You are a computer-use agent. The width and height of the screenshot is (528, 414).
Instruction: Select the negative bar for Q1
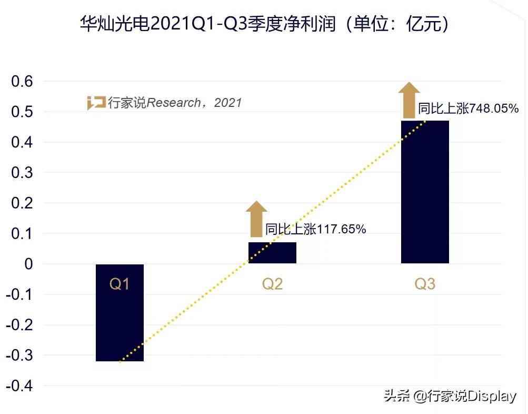(119, 327)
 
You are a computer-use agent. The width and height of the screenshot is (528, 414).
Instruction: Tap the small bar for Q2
(272, 253)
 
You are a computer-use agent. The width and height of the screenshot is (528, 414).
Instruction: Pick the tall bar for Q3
(425, 192)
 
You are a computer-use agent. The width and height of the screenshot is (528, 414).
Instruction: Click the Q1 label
(119, 284)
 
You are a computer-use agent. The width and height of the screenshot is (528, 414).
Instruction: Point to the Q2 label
(272, 284)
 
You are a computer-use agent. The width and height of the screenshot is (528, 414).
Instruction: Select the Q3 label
(425, 284)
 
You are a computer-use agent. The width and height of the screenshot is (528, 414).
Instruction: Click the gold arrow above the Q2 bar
(256, 219)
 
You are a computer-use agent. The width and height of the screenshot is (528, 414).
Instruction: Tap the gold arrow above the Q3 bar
(409, 100)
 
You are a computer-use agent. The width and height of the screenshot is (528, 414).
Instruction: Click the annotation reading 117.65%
(315, 229)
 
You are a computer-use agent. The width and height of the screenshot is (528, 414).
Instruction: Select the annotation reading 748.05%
(468, 109)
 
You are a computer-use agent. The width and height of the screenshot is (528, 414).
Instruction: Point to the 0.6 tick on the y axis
(23, 82)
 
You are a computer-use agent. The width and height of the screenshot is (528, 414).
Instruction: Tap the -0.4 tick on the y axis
(20, 386)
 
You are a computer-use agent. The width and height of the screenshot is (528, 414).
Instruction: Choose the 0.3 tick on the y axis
(23, 173)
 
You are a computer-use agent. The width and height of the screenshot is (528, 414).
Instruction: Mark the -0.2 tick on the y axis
(20, 325)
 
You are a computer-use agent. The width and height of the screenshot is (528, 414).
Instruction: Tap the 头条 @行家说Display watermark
(450, 396)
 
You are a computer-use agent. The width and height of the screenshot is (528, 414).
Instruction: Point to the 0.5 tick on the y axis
(23, 112)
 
